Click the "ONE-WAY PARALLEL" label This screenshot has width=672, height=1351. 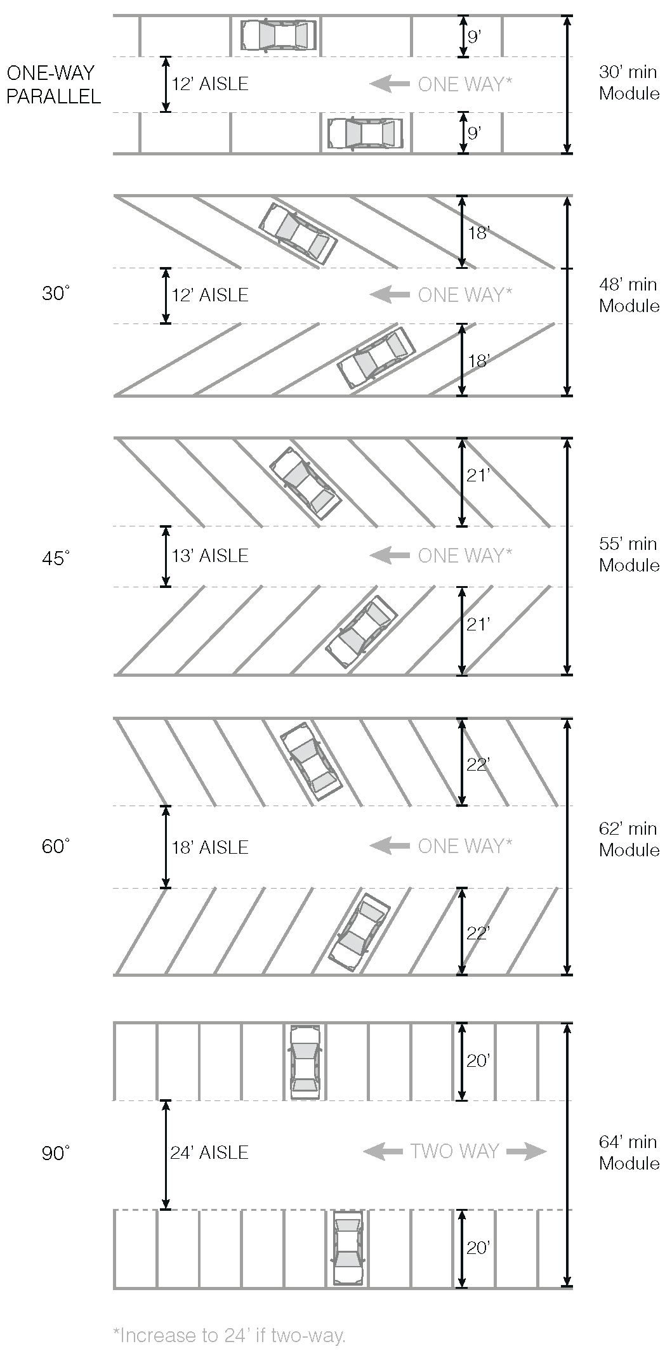(x=53, y=84)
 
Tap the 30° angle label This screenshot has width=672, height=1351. (x=56, y=294)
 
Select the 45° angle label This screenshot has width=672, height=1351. (x=56, y=558)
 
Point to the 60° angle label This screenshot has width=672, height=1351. (x=56, y=846)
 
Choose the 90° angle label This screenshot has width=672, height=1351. (x=56, y=1152)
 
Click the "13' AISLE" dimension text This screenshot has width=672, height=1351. (x=210, y=556)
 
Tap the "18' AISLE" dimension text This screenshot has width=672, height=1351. (x=210, y=847)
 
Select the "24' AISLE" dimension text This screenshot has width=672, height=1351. (x=209, y=1152)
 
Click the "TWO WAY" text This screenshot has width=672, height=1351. (x=454, y=1151)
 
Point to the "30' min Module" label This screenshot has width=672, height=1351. (x=629, y=83)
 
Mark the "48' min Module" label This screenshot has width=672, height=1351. (x=629, y=295)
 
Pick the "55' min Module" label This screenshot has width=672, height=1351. (x=629, y=554)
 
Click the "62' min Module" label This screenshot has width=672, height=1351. (x=629, y=839)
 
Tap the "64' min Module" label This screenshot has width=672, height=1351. (x=629, y=1152)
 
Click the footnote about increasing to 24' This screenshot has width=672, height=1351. (x=229, y=1335)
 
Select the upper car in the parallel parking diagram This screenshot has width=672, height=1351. (x=279, y=36)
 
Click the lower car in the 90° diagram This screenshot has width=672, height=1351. (x=348, y=1248)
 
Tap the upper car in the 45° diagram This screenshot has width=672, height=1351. (x=305, y=484)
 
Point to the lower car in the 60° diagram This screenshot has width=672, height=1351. (x=359, y=932)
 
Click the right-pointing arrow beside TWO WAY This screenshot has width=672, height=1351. (x=527, y=1151)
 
